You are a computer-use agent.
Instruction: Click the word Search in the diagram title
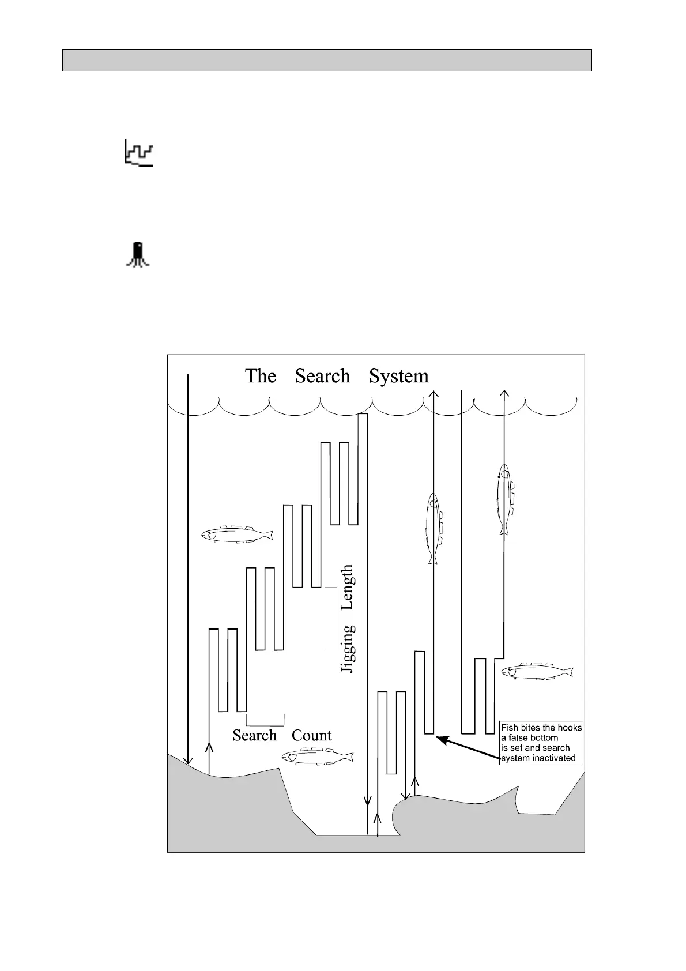(x=322, y=376)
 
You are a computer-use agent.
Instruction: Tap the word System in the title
(x=398, y=376)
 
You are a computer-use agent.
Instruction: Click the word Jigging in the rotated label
(x=347, y=649)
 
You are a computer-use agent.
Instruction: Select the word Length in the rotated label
(x=347, y=587)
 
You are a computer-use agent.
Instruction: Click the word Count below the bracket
(x=311, y=736)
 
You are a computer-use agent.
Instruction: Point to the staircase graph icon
(x=140, y=153)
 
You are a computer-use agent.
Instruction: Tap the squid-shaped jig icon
(x=138, y=254)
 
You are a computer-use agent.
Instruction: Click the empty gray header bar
(x=327, y=60)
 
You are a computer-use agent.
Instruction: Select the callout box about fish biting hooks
(x=541, y=743)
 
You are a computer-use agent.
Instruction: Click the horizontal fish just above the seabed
(x=317, y=757)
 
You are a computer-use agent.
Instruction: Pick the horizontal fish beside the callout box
(x=537, y=672)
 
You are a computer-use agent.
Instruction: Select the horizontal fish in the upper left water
(x=237, y=535)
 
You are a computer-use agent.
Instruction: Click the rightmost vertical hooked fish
(x=505, y=499)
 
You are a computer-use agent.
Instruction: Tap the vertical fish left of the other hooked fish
(x=434, y=528)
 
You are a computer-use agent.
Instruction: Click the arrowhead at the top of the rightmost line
(x=504, y=394)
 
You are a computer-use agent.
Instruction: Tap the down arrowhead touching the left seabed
(x=188, y=760)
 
